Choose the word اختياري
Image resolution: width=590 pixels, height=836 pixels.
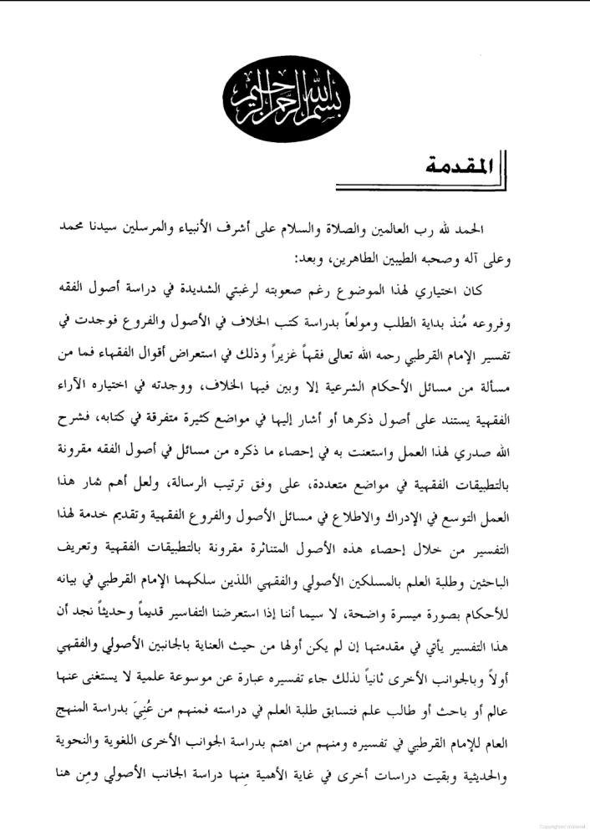click(x=455, y=289)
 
